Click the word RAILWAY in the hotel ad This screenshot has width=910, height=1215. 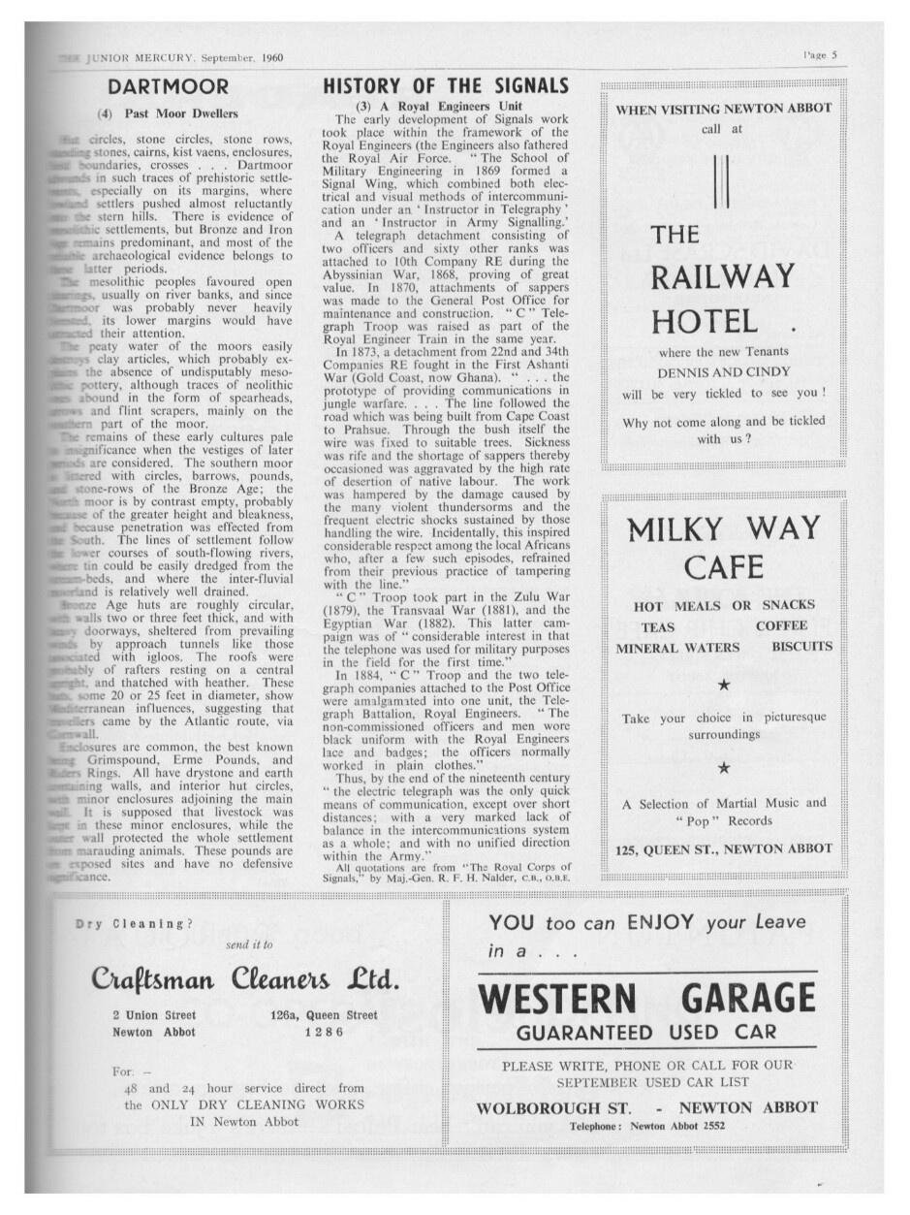pos(722,278)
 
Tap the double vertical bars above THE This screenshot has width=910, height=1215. pos(719,180)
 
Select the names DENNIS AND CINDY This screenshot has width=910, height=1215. pos(722,372)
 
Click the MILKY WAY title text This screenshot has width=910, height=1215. pos(722,529)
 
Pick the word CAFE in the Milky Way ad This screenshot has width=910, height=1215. pos(723,567)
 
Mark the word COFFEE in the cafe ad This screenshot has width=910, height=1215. pos(781,626)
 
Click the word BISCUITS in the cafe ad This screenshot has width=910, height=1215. pos(801,647)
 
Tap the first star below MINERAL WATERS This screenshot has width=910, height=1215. pos(723,685)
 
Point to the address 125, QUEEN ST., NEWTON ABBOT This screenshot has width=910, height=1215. pos(723,849)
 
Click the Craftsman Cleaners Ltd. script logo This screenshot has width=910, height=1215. pos(245,978)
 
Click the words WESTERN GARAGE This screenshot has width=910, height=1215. pos(647,998)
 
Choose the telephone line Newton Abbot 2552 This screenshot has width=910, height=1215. pos(646,1126)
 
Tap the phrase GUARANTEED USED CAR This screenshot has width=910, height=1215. pos(646,1032)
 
